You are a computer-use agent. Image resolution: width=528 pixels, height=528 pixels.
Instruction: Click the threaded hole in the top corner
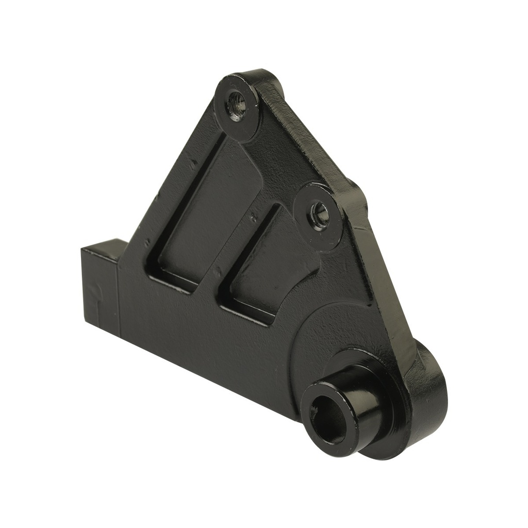tap(236, 105)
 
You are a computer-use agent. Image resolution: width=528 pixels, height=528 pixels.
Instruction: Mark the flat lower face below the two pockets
tap(206, 335)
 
